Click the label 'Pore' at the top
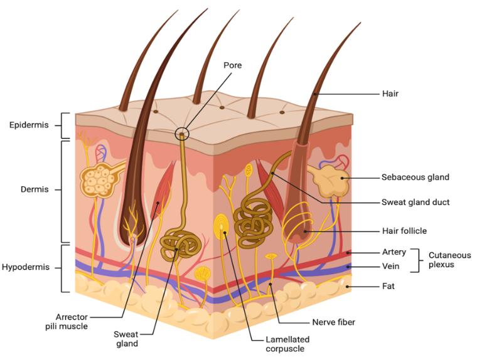232,65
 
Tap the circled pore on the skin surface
182,133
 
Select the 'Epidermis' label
29,125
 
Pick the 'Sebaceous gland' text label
415,177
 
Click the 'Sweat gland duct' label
415,203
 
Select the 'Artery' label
394,252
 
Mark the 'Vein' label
391,267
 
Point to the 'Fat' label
389,287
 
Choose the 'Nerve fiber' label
333,322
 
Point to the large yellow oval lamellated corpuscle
222,227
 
